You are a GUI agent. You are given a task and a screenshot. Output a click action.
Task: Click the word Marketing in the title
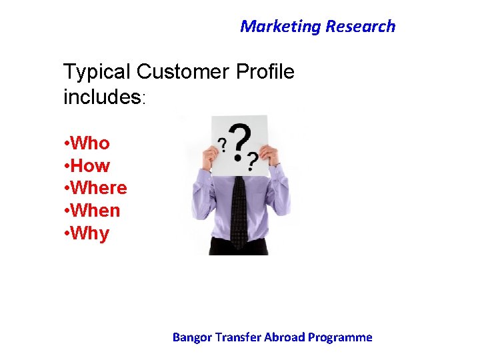click(x=280, y=27)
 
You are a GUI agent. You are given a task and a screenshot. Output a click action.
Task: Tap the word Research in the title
click(x=360, y=27)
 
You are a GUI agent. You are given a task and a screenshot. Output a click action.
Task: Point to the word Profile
click(x=265, y=72)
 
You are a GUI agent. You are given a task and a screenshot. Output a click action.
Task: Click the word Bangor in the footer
click(x=191, y=337)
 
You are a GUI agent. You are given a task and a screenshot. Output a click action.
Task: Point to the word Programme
click(x=340, y=337)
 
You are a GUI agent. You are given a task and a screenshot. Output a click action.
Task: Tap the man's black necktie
click(x=239, y=207)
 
